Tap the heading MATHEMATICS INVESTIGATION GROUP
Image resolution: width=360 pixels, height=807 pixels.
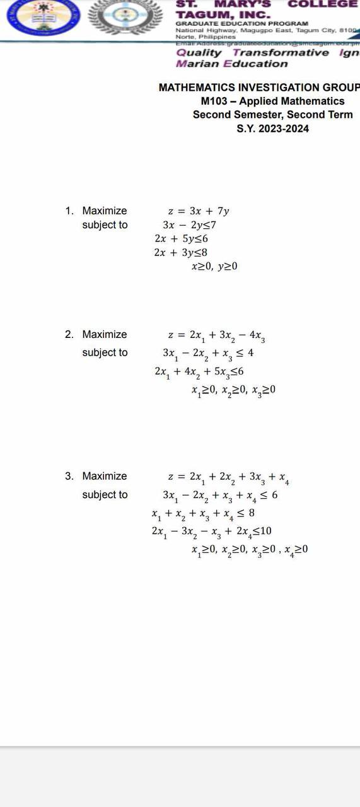click(x=258, y=88)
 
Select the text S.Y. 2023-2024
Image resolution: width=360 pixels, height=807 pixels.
click(x=272, y=129)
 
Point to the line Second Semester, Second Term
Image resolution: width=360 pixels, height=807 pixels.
click(x=272, y=115)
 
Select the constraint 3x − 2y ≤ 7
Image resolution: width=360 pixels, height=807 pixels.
click(x=190, y=225)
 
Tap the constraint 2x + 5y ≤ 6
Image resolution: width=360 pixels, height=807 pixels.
click(x=181, y=239)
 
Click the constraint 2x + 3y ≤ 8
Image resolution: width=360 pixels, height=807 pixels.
click(x=181, y=253)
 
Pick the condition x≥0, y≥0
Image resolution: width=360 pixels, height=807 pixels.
click(x=214, y=267)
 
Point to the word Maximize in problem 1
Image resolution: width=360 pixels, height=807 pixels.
click(x=104, y=211)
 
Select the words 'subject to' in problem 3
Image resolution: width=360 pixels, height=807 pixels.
click(x=105, y=495)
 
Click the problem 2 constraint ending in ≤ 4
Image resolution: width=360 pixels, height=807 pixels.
click(x=208, y=354)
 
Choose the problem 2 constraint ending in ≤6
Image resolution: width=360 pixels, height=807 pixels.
click(x=199, y=372)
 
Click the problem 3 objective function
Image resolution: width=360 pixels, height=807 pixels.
click(x=228, y=478)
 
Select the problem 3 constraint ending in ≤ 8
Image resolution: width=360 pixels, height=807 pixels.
click(x=203, y=514)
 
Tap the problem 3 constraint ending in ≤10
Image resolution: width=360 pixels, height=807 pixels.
click(x=211, y=531)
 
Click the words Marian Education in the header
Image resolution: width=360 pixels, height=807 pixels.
click(x=231, y=64)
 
